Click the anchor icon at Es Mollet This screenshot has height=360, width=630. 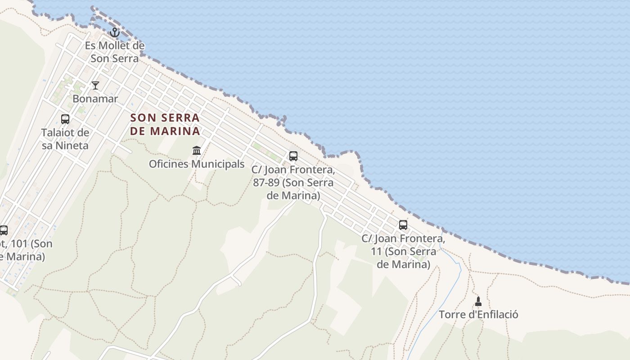click(115, 32)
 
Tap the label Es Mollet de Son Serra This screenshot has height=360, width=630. click(115, 52)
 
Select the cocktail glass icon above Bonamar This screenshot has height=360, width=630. click(95, 85)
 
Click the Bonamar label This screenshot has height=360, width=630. click(95, 99)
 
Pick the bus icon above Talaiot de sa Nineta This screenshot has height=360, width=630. click(65, 119)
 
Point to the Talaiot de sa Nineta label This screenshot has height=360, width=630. click(65, 139)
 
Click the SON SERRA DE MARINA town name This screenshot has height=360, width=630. click(165, 125)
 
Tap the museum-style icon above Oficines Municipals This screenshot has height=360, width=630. click(197, 150)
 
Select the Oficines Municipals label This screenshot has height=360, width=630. click(197, 164)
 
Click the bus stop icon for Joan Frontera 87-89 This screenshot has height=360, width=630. click(293, 156)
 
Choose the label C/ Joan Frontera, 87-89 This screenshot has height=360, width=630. click(293, 183)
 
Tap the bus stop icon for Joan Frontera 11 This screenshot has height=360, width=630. click(403, 225)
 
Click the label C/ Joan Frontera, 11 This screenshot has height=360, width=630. click(403, 251)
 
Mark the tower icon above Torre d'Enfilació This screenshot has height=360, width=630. click(478, 301)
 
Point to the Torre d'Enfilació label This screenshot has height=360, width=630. click(478, 315)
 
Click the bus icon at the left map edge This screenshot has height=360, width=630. click(4, 230)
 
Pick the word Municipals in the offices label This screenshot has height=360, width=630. click(218, 164)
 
